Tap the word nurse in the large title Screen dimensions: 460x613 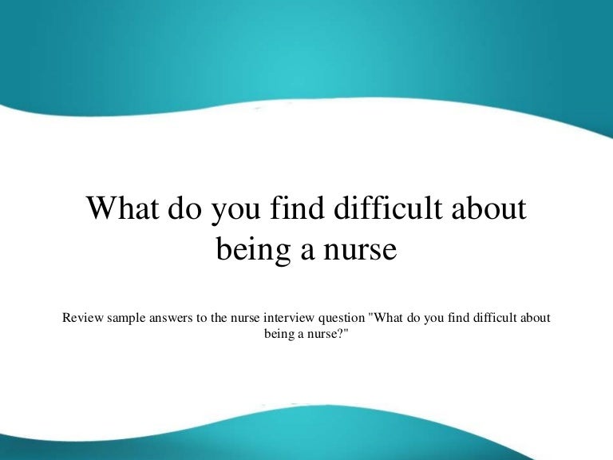(358, 249)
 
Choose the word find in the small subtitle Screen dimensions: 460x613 (455, 318)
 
